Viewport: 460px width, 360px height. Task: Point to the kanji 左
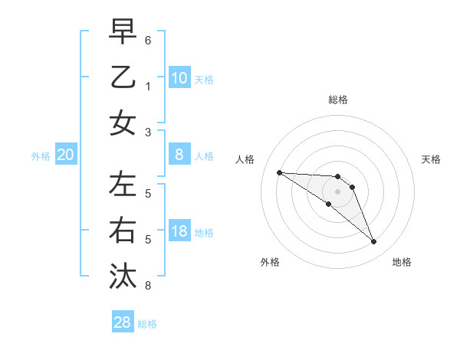(x=123, y=183)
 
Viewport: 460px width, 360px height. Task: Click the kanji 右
(x=123, y=230)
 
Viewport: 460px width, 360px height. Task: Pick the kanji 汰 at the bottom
(x=123, y=275)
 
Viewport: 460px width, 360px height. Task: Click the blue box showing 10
(x=179, y=77)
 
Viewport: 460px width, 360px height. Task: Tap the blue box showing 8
(x=179, y=155)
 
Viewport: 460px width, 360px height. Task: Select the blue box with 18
(x=179, y=231)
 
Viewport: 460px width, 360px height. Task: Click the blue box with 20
(x=66, y=155)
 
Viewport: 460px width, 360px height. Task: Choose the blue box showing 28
(x=123, y=322)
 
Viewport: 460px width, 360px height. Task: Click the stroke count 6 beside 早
(x=148, y=39)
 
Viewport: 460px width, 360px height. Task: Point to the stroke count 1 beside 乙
(x=148, y=87)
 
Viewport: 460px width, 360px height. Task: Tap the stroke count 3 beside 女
(x=148, y=133)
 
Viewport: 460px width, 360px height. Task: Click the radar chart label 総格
(x=337, y=100)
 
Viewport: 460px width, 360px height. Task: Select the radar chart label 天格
(x=432, y=159)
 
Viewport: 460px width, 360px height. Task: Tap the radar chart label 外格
(x=269, y=262)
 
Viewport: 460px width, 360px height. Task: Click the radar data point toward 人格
(x=279, y=172)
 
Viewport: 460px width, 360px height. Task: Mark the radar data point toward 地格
(x=374, y=242)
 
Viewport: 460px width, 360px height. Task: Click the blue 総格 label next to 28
(x=147, y=324)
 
